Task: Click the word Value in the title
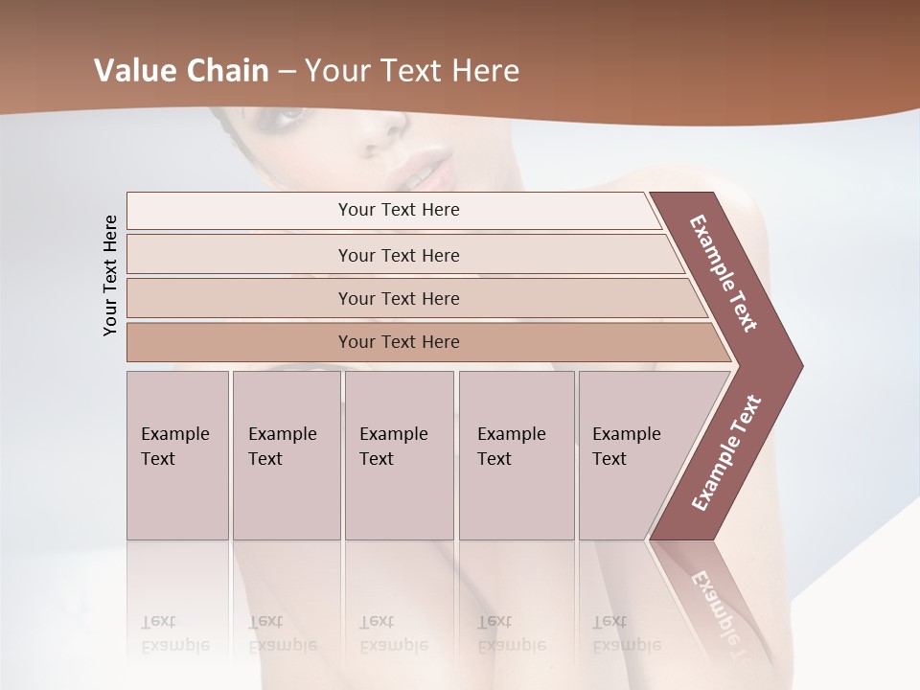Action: point(133,71)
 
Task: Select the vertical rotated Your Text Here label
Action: point(110,275)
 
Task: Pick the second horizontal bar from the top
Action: point(399,255)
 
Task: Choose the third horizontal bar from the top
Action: point(399,298)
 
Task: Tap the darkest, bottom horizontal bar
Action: point(399,342)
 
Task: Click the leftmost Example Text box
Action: point(177,455)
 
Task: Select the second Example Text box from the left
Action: point(286,455)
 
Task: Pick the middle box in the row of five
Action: point(399,455)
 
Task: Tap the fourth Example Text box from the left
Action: point(516,455)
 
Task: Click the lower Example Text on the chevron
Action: point(726,452)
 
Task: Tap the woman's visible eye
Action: point(287,116)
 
